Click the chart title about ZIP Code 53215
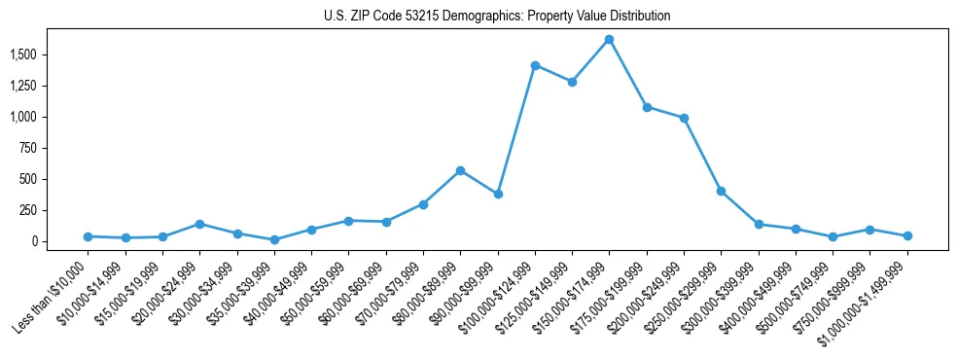[x=497, y=17]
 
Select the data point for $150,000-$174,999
[x=609, y=39]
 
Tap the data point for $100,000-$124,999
[x=535, y=65]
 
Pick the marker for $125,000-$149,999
[x=572, y=82]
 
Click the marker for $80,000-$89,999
[x=460, y=170]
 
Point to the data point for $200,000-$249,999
[x=684, y=118]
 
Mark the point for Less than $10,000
[x=88, y=236]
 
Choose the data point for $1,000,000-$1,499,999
[x=907, y=235]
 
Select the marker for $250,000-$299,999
[x=721, y=191]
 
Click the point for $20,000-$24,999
[x=199, y=224]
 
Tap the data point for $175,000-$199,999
[x=647, y=107]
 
